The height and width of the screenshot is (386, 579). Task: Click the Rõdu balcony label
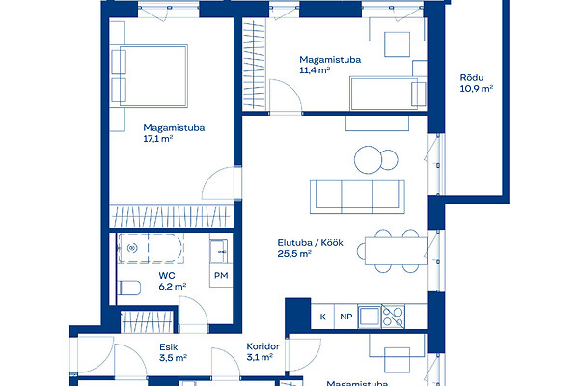tap(472, 77)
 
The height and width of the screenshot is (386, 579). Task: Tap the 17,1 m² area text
tap(158, 139)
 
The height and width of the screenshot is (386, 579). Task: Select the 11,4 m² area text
tap(315, 70)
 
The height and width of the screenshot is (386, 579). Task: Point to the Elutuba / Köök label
tap(310, 242)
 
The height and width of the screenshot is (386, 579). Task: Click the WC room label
tap(167, 276)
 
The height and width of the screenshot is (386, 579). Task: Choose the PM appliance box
tap(221, 276)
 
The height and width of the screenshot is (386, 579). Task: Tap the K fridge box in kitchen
tap(322, 317)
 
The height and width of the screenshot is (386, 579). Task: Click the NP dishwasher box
tap(346, 317)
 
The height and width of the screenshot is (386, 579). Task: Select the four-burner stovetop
tap(393, 317)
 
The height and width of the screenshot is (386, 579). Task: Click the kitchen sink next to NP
tap(370, 317)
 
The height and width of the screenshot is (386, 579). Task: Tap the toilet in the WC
tap(129, 289)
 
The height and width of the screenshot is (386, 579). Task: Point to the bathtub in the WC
tap(151, 248)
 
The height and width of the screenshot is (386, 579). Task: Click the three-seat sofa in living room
tap(357, 197)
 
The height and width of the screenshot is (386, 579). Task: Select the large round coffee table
tap(368, 159)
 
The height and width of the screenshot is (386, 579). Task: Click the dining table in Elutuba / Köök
tap(397, 251)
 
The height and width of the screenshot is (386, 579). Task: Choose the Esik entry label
tap(168, 347)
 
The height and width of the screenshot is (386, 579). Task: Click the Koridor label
tap(262, 346)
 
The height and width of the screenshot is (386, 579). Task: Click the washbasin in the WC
tap(219, 252)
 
